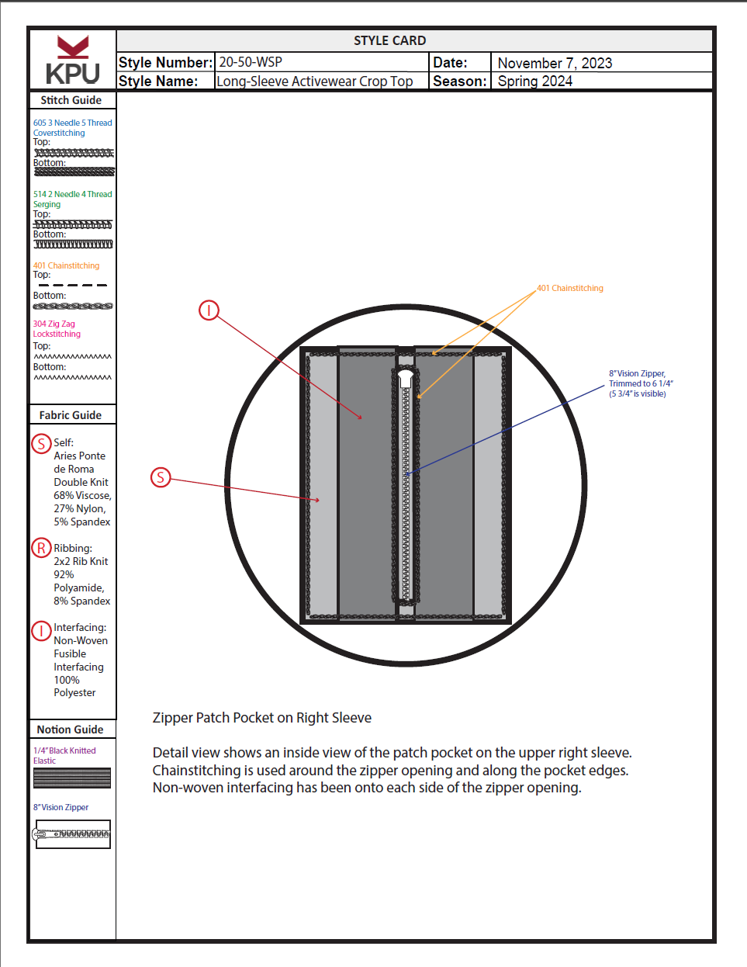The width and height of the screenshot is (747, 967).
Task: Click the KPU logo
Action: click(73, 60)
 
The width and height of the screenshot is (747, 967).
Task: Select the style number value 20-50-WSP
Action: click(251, 62)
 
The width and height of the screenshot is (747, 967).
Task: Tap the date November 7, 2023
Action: click(555, 63)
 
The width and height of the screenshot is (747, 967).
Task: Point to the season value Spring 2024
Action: click(534, 81)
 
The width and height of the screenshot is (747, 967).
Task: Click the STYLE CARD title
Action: click(389, 40)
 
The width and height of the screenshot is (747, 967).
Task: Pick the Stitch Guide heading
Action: click(71, 100)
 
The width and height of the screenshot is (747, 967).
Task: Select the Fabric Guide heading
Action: click(71, 415)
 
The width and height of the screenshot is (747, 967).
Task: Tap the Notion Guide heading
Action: click(70, 730)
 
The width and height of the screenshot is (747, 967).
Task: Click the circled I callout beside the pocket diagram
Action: click(209, 310)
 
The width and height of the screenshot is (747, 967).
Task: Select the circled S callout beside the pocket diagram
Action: click(161, 477)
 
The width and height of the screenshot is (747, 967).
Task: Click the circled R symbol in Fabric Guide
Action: click(41, 548)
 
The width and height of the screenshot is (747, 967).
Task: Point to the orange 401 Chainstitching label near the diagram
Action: click(570, 288)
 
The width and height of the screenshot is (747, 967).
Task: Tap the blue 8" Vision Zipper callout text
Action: click(641, 383)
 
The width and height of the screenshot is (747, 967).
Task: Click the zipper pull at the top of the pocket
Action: click(406, 378)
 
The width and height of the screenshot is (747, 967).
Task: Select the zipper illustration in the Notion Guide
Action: click(73, 834)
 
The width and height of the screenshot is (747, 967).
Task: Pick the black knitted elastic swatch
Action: click(72, 778)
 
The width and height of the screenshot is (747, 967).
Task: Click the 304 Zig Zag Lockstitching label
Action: click(57, 329)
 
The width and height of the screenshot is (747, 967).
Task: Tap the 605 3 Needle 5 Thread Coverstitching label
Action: click(72, 127)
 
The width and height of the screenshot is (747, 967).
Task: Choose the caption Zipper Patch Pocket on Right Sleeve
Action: click(262, 718)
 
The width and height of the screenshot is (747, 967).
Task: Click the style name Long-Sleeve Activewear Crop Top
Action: click(315, 81)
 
